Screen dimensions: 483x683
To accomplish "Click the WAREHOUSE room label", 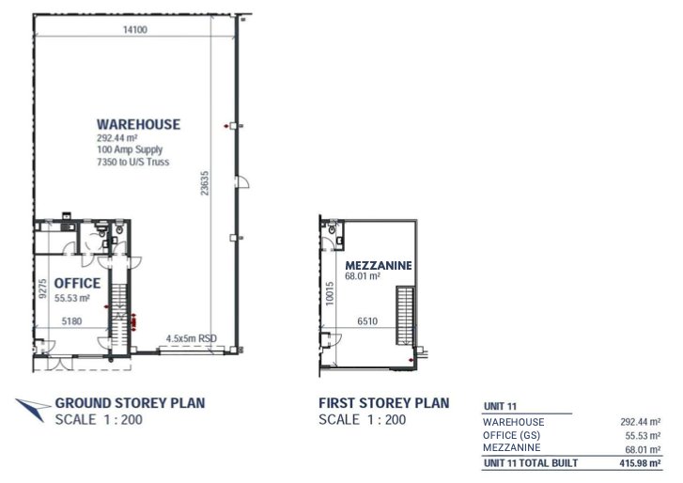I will coord(138,124).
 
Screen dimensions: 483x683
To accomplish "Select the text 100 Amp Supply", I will coord(129,148).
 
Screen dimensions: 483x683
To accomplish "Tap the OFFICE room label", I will coord(77,283).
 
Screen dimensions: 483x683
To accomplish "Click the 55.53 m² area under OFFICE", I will coord(71,298).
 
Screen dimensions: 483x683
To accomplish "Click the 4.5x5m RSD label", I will coord(190,338).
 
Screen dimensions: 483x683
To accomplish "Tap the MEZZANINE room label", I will coord(379,266).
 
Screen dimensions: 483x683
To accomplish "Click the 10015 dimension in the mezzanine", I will coord(330,293).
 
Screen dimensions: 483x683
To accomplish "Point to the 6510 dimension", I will coord(367,321).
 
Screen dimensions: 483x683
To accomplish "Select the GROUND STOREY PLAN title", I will coord(130,403).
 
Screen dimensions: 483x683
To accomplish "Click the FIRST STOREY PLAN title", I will coord(383,403).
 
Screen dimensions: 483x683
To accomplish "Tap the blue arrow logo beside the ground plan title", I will coord(32,406).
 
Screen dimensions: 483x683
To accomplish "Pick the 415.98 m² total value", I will coord(640,463).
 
